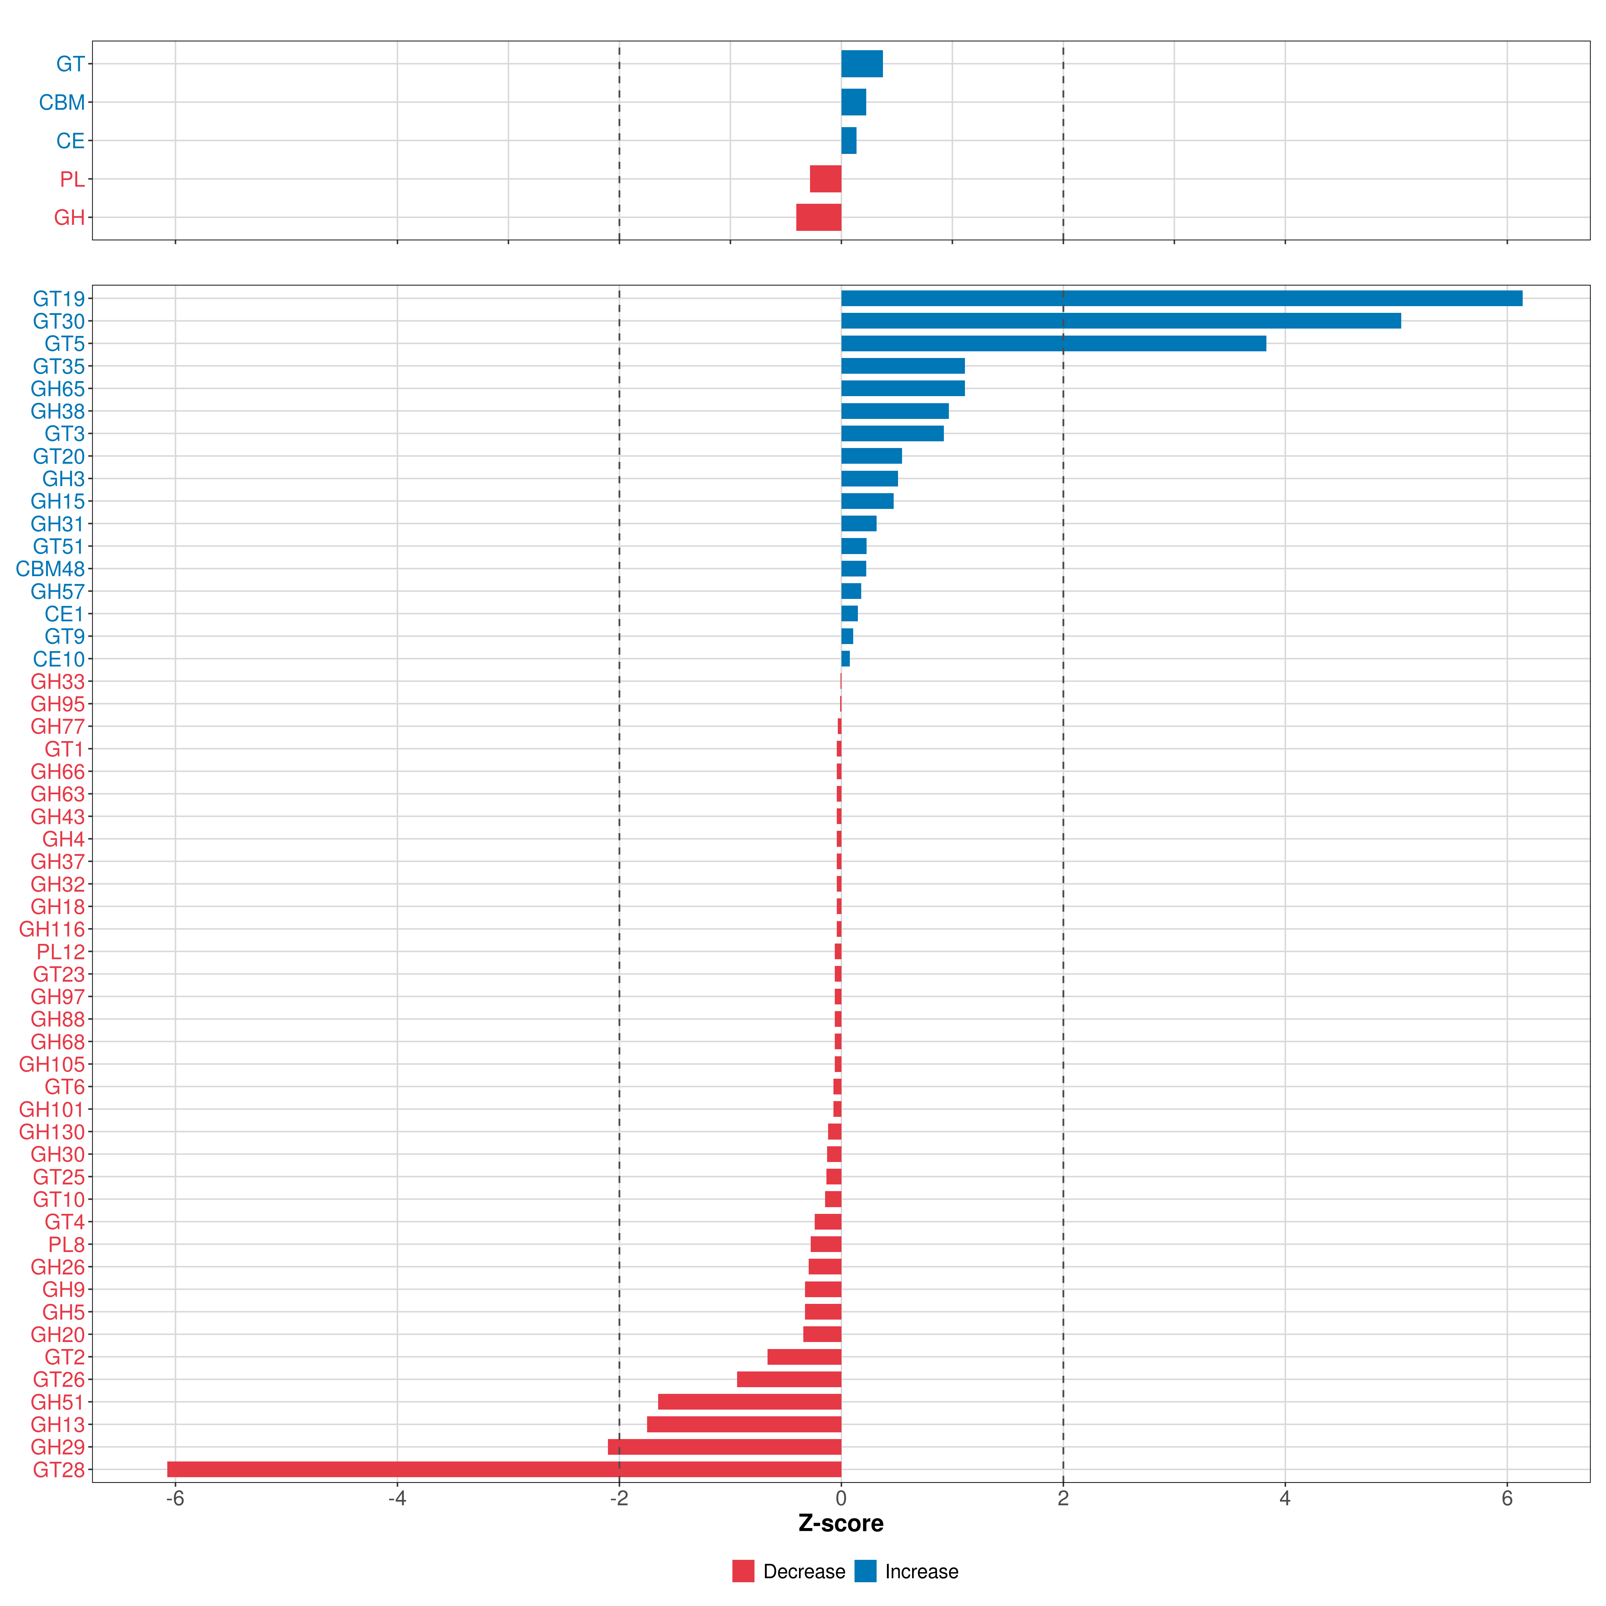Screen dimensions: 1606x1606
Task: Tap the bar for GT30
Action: tap(1121, 321)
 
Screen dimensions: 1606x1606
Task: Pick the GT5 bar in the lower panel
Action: tap(1053, 343)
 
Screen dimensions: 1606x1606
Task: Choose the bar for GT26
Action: tap(789, 1379)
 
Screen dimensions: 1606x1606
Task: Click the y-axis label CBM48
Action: tap(50, 568)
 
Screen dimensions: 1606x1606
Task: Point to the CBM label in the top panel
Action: tap(62, 102)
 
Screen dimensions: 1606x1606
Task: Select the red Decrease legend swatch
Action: tap(743, 1571)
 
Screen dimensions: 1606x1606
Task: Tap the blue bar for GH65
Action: tap(903, 388)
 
